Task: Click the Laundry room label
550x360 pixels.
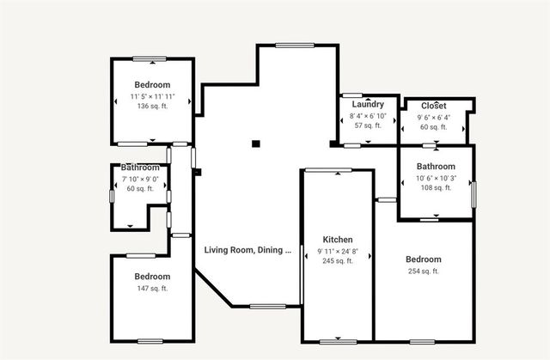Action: coord(367,104)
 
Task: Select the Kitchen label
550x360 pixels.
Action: coord(338,239)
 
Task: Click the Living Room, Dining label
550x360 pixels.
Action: coord(247,250)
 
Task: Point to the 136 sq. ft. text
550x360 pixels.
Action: coord(152,107)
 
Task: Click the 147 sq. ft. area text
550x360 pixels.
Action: coord(152,288)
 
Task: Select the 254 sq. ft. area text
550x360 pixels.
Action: coord(423,271)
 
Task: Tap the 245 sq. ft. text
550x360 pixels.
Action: coord(338,261)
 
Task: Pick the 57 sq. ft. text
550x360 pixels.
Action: coord(367,125)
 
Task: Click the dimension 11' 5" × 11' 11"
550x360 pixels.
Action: coord(152,96)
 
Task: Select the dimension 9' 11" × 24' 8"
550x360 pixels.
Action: coord(338,251)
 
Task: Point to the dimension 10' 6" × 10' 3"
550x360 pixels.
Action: coord(436,178)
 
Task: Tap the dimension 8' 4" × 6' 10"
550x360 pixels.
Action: coord(367,115)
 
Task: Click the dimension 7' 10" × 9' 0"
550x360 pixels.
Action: coord(139,178)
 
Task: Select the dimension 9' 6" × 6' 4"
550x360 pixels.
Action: coord(434,118)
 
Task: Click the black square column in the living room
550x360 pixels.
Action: coord(255,144)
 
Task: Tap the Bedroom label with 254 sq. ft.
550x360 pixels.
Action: coord(423,259)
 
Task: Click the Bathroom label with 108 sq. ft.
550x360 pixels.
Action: coord(436,166)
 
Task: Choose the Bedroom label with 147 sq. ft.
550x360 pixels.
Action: coord(152,276)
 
